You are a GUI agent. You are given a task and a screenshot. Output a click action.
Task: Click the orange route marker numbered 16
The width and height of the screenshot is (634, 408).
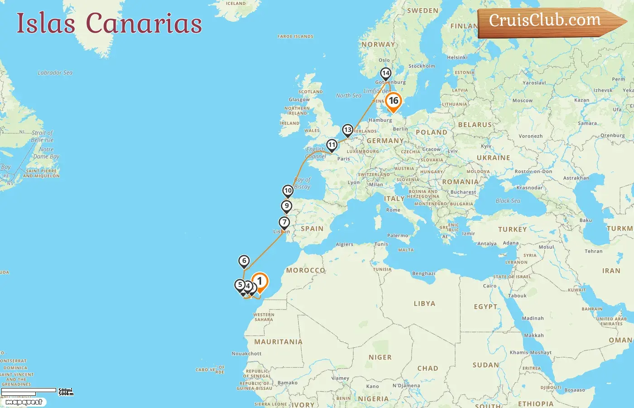pos(394,101)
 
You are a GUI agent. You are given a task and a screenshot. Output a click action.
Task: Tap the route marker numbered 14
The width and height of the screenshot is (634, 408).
pos(385,73)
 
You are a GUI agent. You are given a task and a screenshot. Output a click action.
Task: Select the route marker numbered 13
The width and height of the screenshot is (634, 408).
pos(347,130)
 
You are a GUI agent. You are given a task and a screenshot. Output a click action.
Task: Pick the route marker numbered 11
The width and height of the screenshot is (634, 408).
pos(332,145)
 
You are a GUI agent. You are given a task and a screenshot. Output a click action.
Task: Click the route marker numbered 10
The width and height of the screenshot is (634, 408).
pos(288,190)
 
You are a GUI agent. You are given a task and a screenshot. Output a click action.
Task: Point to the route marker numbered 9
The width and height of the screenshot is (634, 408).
pos(287,206)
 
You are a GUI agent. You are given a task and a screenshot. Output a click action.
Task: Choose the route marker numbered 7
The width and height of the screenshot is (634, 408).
pos(284,222)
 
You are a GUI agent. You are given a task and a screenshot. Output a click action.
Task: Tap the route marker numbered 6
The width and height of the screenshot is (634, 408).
pos(244,261)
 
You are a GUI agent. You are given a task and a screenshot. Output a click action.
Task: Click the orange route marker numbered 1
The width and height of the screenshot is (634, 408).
pos(260,282)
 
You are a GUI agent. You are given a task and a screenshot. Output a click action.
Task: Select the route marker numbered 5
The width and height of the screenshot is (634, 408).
pos(240,285)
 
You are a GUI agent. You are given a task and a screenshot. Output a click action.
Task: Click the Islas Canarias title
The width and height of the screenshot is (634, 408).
pos(109,23)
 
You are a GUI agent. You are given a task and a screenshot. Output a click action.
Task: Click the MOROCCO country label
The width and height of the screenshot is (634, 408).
pos(306,270)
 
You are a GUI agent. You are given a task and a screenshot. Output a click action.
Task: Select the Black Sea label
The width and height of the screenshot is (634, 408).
pos(508,201)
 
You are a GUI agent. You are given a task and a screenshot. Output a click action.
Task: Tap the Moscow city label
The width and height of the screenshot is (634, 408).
pos(522,101)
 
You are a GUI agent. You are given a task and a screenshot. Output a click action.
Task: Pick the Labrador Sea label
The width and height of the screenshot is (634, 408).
pos(55,73)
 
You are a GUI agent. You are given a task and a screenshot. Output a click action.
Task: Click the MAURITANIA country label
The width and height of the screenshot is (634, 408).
pos(278,342)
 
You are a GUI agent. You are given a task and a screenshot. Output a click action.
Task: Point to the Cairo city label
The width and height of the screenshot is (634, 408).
pos(490,286)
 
